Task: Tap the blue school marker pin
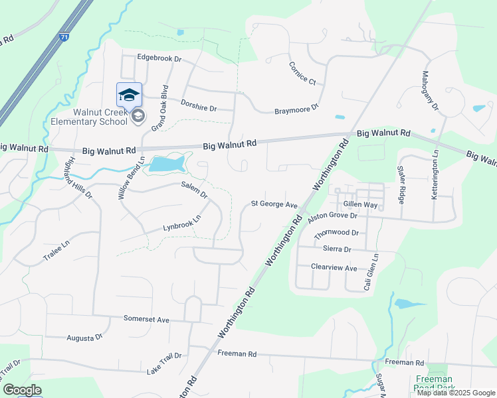129,96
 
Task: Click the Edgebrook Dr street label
159,58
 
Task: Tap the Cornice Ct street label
302,73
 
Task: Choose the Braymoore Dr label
297,109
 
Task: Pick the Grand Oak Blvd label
160,106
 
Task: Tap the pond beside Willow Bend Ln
168,164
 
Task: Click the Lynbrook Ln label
182,224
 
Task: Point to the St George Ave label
273,205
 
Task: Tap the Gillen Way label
360,206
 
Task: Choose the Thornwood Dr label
336,233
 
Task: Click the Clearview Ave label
334,268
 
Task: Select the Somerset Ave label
146,319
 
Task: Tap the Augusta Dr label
84,338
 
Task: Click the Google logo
23,390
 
